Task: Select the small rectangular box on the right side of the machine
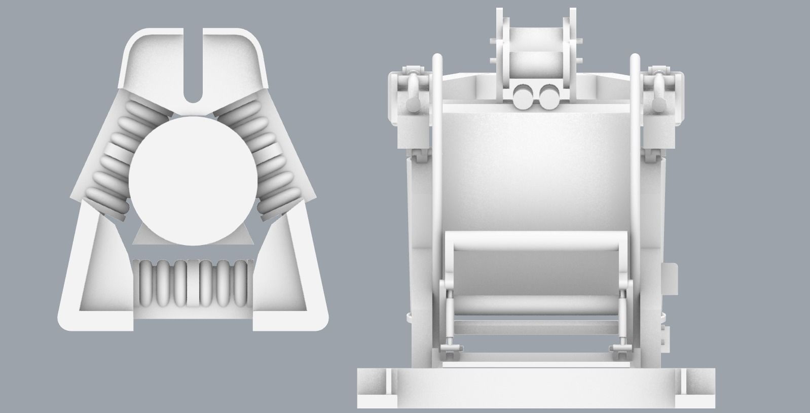point(670,278)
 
